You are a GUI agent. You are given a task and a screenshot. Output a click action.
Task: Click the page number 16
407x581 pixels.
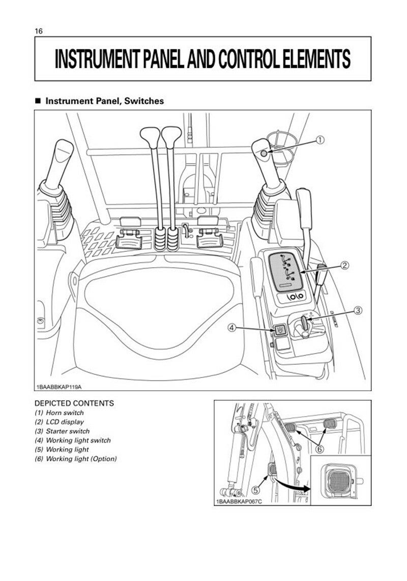click(39, 31)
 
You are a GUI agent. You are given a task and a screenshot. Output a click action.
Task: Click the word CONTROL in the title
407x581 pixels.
click(250, 59)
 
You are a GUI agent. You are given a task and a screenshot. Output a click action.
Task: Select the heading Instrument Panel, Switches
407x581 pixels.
click(104, 101)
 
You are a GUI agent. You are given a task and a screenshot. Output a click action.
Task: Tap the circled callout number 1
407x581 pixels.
click(319, 140)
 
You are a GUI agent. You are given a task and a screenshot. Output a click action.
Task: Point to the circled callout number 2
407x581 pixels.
click(344, 265)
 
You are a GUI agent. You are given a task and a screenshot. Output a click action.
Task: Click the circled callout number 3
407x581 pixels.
click(357, 310)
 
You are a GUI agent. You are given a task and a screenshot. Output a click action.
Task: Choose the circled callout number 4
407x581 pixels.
click(231, 328)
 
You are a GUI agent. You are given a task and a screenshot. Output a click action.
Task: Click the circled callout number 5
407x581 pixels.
click(255, 490)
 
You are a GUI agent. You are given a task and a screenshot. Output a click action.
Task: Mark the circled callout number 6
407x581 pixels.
click(319, 449)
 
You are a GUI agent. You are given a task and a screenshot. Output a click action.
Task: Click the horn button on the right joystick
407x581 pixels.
click(264, 154)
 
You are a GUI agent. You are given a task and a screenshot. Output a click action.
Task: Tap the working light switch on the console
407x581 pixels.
click(279, 329)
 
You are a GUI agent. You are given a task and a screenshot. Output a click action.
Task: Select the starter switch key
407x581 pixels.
click(304, 324)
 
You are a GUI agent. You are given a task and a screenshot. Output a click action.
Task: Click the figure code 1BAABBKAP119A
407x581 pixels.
click(59, 387)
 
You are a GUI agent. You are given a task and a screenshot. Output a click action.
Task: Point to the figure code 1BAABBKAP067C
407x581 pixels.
click(239, 502)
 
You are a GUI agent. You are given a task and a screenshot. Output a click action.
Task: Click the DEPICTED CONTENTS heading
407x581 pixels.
click(74, 403)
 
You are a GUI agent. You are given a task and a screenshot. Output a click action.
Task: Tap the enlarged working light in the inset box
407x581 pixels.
click(338, 480)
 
